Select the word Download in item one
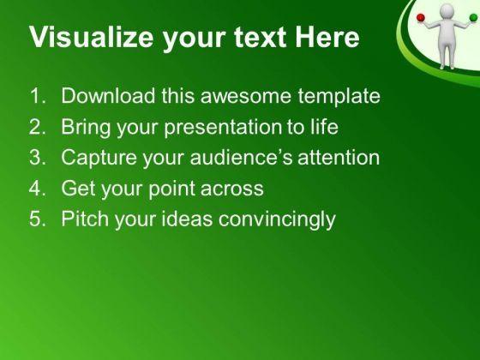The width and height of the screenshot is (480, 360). pyautogui.click(x=108, y=95)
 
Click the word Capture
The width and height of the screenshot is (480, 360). pyautogui.click(x=99, y=158)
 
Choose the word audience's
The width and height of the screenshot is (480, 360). pyautogui.click(x=241, y=157)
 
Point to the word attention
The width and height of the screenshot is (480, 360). pyautogui.click(x=339, y=157)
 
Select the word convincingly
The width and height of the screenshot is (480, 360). pyautogui.click(x=277, y=219)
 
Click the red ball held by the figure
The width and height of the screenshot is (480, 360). pyautogui.click(x=421, y=18)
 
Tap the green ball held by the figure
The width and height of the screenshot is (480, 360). pyautogui.click(x=473, y=17)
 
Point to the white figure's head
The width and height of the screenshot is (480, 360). pyautogui.click(x=447, y=12)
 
